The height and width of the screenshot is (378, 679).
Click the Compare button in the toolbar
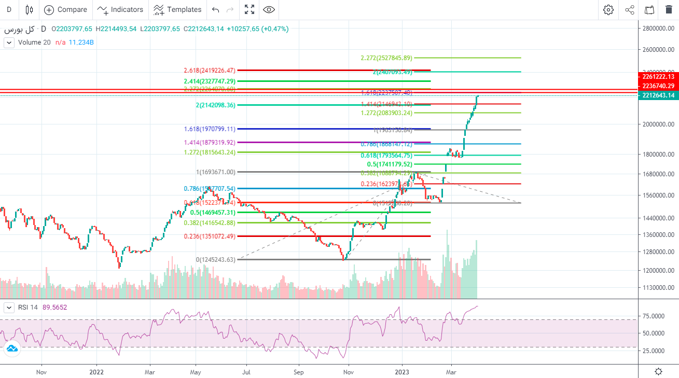coord(65,9)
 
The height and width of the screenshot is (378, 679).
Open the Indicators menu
coord(120,9)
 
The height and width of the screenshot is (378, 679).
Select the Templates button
coord(177,9)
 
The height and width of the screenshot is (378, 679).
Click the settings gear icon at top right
coord(608,9)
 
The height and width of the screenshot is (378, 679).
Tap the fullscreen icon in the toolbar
coord(250,9)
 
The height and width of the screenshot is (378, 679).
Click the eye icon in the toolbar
coord(269,9)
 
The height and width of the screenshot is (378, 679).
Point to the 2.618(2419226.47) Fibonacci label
coord(210,70)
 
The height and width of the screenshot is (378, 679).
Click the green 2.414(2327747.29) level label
coord(210,81)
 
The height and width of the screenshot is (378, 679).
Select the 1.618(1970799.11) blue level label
coord(210,129)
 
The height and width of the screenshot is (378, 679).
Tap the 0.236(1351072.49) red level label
coord(210,236)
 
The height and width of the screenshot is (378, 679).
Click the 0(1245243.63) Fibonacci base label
coord(215,259)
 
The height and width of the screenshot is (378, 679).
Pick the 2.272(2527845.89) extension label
coord(386,58)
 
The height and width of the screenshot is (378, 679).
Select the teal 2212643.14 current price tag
coord(658,95)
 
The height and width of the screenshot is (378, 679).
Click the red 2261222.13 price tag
coord(658,77)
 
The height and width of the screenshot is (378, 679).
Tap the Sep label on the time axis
coord(298,372)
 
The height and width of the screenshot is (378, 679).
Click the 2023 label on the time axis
coord(402,372)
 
